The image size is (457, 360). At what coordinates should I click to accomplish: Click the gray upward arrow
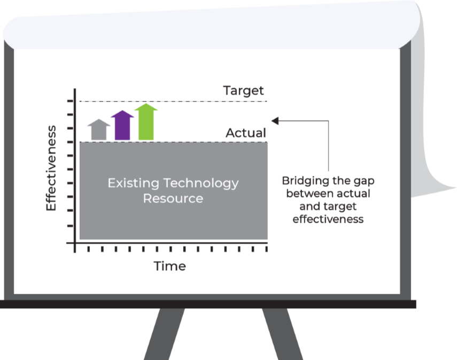tap(99, 130)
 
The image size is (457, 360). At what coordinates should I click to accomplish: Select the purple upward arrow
tap(122, 126)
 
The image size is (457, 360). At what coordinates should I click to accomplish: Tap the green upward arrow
tap(146, 122)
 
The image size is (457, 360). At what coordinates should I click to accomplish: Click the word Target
tap(243, 91)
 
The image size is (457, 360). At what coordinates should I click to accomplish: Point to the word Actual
tap(246, 133)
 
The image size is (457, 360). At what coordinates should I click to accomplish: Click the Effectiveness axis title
tap(51, 168)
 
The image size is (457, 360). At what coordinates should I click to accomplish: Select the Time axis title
tap(169, 266)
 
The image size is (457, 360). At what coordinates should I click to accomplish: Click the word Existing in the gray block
tap(134, 184)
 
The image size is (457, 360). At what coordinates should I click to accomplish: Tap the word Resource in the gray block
tap(173, 199)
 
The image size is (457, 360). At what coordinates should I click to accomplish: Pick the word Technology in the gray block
tap(201, 184)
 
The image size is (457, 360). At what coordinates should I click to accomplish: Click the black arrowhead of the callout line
tap(275, 121)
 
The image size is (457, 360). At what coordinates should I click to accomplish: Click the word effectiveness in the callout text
tap(328, 219)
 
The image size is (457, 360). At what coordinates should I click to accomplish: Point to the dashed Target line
tap(173, 101)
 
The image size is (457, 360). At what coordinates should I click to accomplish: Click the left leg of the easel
tap(165, 334)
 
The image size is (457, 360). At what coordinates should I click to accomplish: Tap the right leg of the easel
tap(282, 334)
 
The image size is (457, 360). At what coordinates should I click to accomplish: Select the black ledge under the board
tap(208, 304)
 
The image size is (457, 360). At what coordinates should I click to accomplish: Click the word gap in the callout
tap(364, 182)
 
